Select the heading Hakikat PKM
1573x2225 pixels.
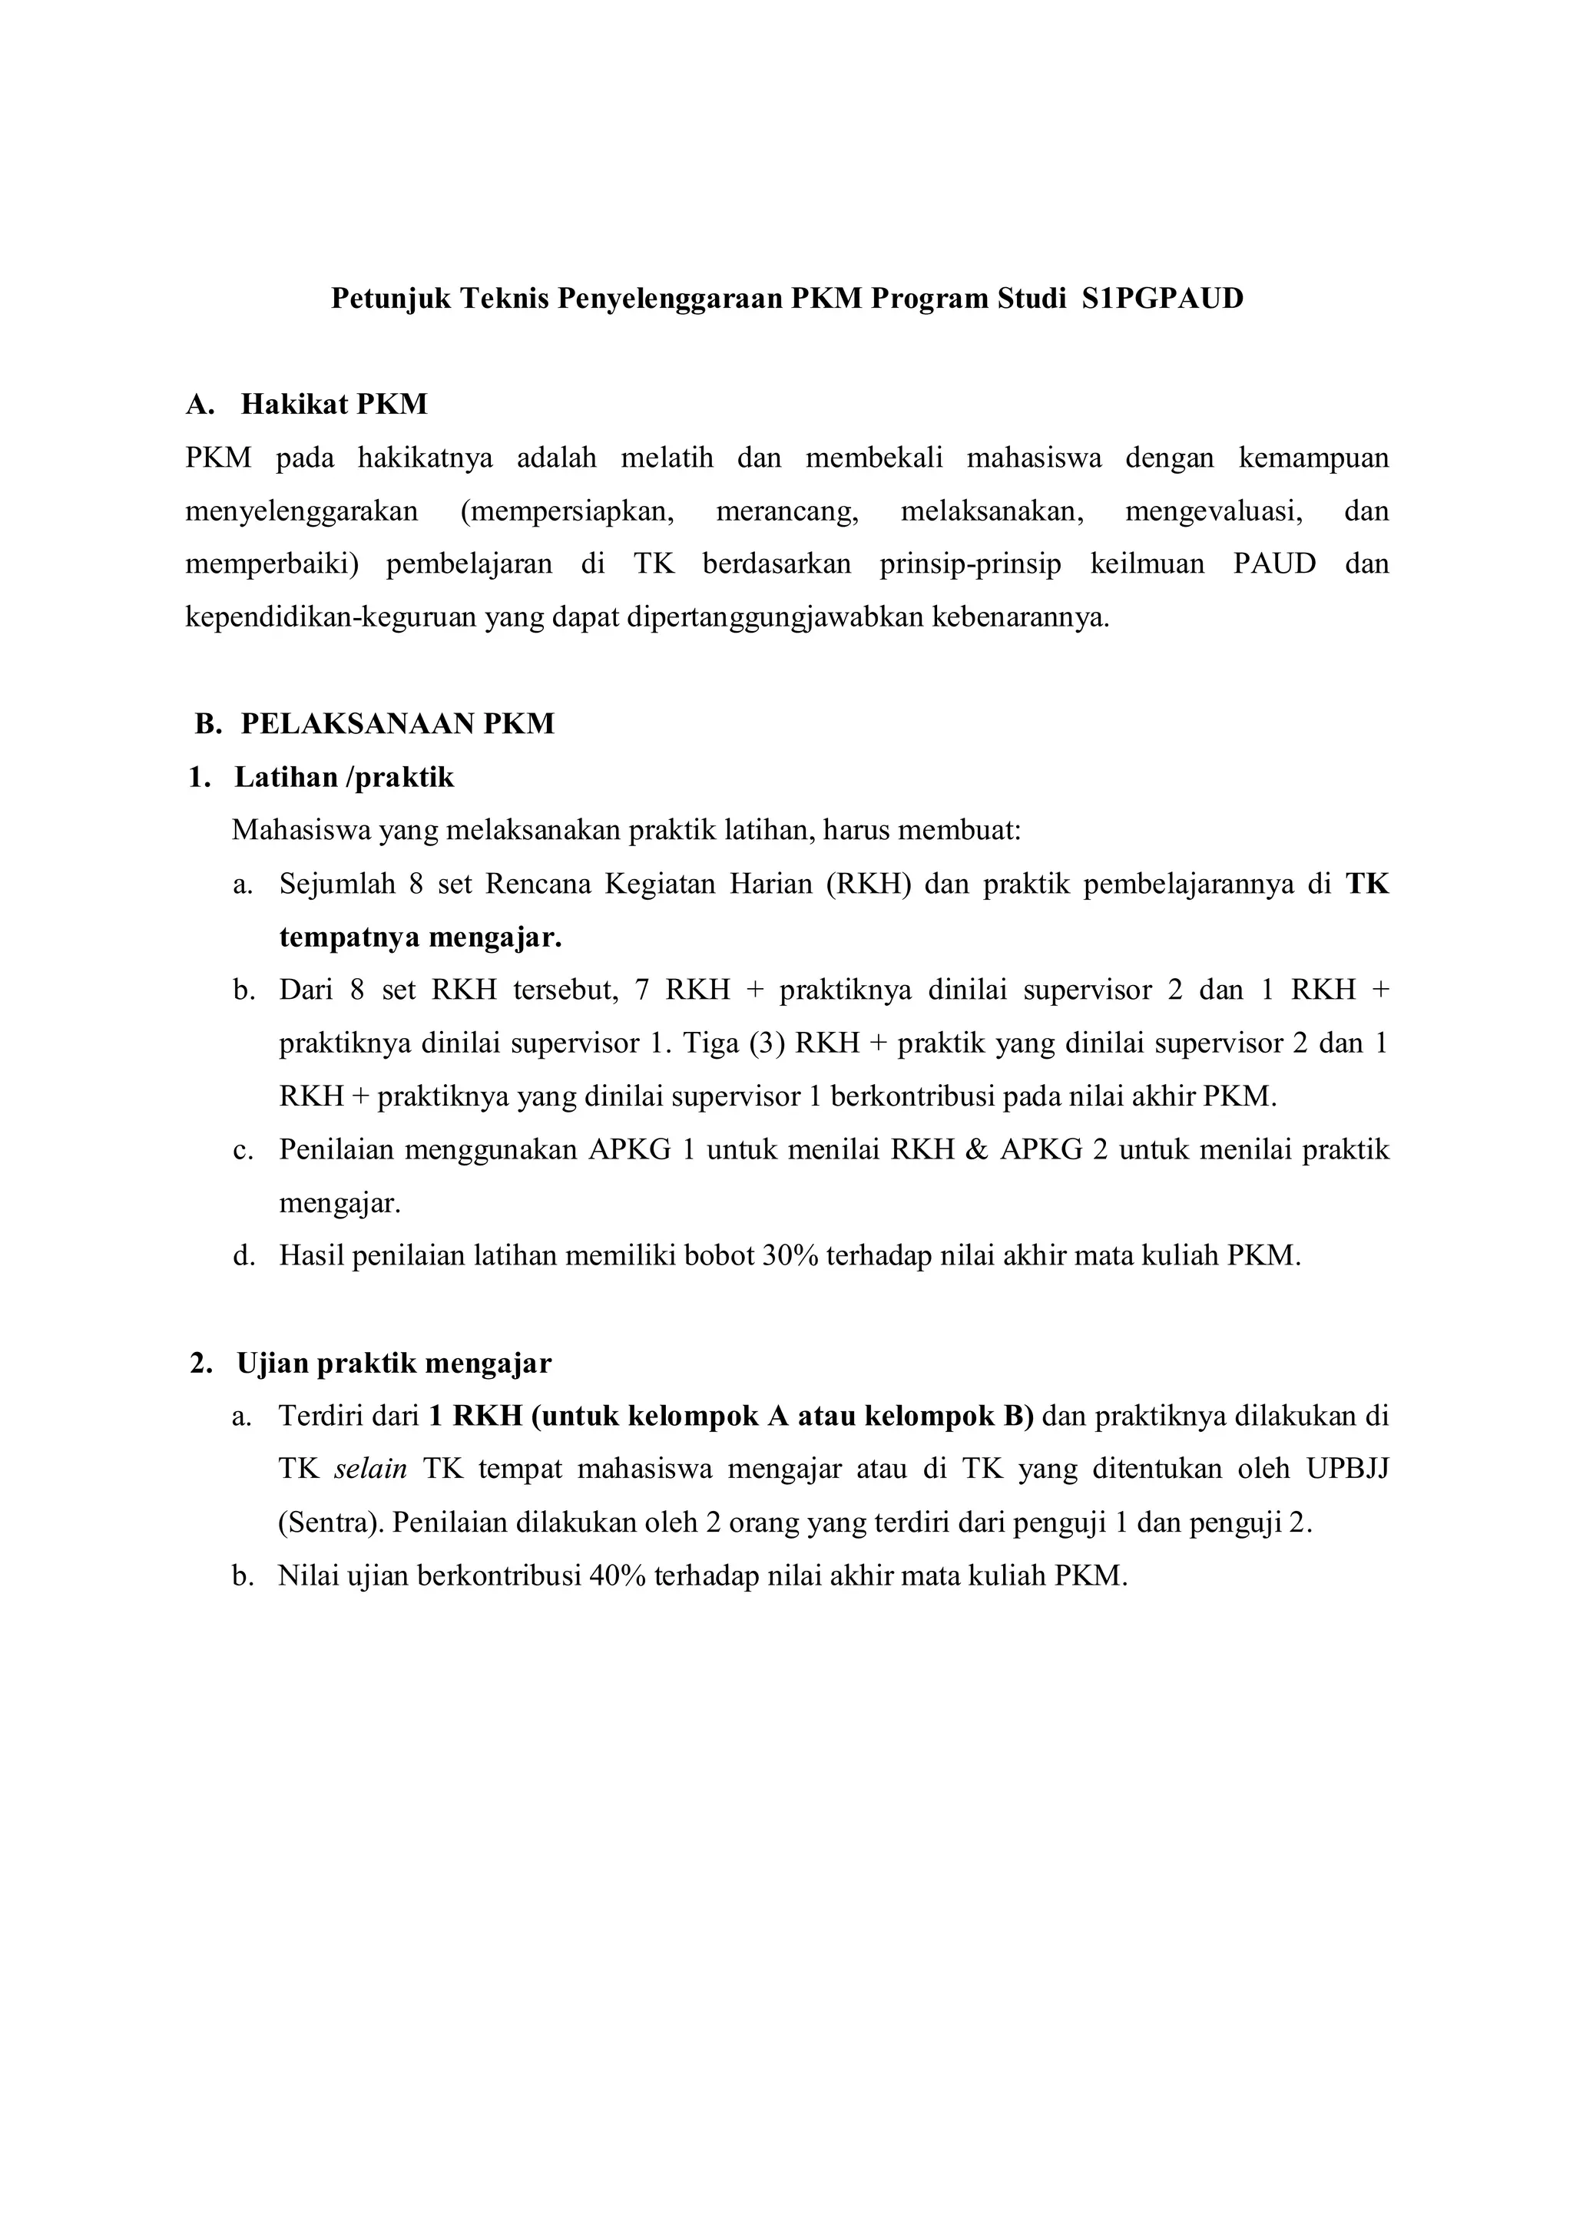[333, 404]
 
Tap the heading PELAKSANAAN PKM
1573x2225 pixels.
[397, 724]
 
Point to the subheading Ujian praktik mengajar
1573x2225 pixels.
[393, 1364]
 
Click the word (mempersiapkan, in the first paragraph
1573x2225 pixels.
[567, 511]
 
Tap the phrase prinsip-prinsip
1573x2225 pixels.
[970, 564]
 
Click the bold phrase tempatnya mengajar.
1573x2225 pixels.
[421, 937]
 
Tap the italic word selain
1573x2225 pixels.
[370, 1469]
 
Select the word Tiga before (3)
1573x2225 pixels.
[711, 1043]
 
